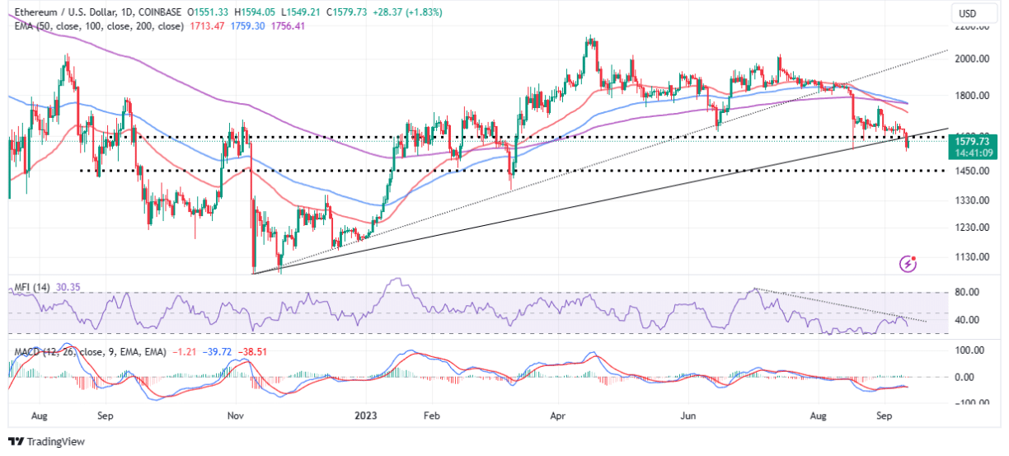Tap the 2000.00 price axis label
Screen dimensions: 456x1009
pos(973,59)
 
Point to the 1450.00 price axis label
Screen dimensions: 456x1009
pos(973,171)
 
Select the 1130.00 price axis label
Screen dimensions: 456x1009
pos(973,257)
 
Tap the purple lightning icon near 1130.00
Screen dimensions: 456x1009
pos(908,264)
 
